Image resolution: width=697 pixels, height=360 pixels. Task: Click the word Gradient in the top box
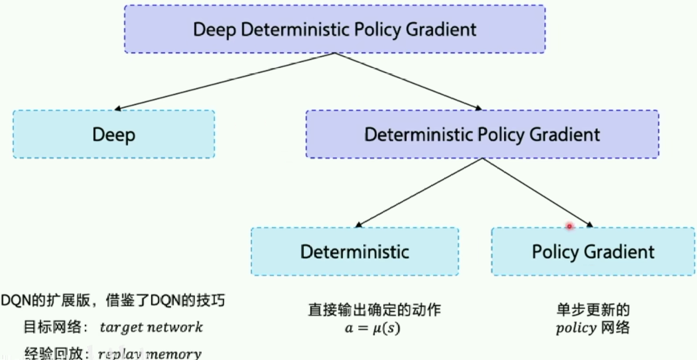coord(440,30)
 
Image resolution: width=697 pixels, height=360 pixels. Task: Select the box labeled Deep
coord(114,134)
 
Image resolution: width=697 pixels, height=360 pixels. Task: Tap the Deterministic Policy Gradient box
coord(482,134)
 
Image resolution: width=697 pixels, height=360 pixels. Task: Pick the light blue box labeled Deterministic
coord(355,252)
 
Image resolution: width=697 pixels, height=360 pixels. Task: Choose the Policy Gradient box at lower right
coord(593,252)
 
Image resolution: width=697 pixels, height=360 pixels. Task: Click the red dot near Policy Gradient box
coord(569,226)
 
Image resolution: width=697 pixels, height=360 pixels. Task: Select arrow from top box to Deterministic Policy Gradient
coord(407,81)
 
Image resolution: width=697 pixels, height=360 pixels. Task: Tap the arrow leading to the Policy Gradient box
coord(537,192)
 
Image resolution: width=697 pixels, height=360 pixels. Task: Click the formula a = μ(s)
coord(372,328)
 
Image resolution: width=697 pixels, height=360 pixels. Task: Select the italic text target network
coord(151,327)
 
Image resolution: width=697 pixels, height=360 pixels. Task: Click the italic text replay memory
coord(149,354)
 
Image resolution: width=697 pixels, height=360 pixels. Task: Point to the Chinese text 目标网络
coord(53,327)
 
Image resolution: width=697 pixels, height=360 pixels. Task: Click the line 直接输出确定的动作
coord(374,310)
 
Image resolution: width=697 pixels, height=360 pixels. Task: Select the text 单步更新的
coord(593,310)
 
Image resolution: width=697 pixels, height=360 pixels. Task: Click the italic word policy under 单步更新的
coord(576,328)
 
